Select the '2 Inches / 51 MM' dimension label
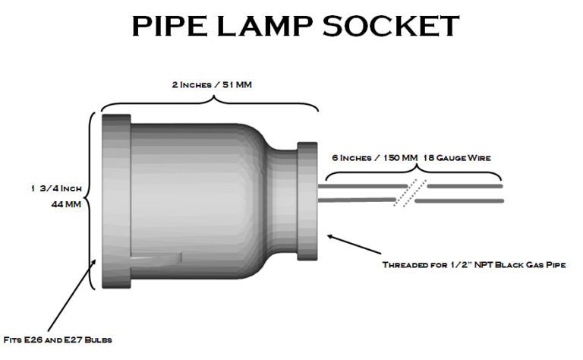211,84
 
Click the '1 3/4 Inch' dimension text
56,188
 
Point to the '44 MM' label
64,205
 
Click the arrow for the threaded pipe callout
354,245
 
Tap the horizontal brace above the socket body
211,103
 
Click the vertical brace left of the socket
91,201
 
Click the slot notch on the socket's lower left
156,257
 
